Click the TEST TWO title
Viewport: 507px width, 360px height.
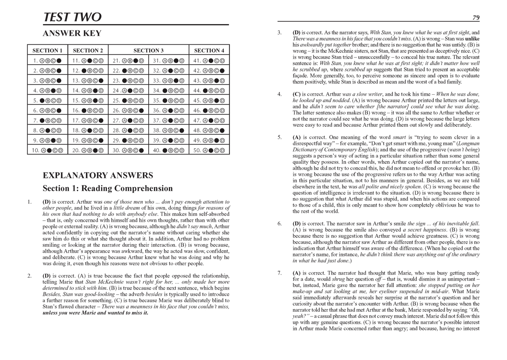click(73, 17)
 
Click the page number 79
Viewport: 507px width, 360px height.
click(475, 17)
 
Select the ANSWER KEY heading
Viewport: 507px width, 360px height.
click(72, 33)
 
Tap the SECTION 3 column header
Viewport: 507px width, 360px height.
click(148, 50)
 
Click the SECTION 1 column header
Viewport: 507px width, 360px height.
click(47, 50)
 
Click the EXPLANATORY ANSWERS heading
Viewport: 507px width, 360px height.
click(98, 175)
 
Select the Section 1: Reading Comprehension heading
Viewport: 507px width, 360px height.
click(108, 188)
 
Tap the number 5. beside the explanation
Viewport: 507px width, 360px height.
click(279, 137)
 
